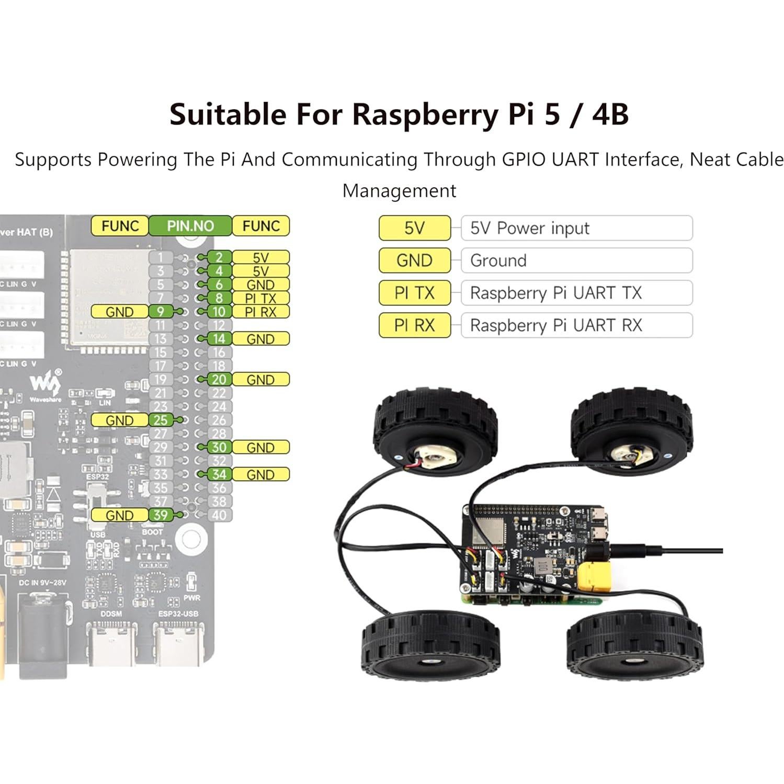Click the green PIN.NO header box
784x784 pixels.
pos(190,226)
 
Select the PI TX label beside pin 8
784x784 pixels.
pos(260,298)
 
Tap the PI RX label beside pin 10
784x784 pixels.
pos(260,312)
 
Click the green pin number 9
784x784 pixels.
pos(161,312)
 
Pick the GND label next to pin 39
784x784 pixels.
pos(119,515)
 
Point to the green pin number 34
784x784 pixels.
pos(219,474)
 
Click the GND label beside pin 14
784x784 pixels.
pos(260,339)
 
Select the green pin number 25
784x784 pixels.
pos(161,420)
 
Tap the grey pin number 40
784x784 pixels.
pos(219,515)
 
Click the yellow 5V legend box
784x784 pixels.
pos(414,228)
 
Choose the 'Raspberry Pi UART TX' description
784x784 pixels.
pos(555,293)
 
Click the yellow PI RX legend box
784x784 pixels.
pos(414,325)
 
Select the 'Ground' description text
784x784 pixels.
pos(498,260)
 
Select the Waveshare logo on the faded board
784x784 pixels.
pos(45,384)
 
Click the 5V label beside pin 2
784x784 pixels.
pos(260,257)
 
